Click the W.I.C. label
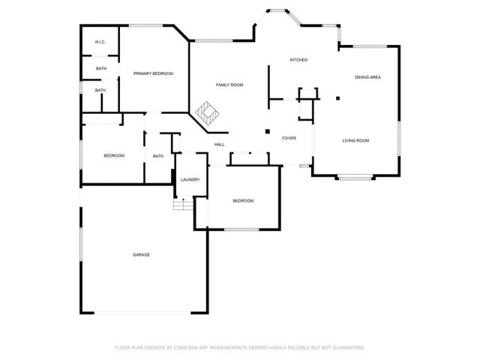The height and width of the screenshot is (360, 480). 100,43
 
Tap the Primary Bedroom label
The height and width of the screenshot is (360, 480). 153,73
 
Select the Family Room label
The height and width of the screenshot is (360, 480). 229,85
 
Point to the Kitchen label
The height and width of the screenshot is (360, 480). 299,60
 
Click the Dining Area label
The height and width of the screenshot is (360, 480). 367,77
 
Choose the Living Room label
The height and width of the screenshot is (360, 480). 355,141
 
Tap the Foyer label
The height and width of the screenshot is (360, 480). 289,139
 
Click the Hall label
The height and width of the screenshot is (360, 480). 220,145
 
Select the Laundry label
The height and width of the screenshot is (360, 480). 190,180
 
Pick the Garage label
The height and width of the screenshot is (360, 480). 142,255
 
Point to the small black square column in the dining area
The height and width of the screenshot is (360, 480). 337,97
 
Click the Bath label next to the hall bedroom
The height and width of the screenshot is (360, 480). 158,156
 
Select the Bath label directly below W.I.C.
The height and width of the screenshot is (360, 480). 100,69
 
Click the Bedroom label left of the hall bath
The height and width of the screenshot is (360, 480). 114,155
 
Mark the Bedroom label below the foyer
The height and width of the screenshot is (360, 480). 243,201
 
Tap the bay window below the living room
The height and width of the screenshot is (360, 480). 354,178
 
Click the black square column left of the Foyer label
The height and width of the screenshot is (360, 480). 267,132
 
